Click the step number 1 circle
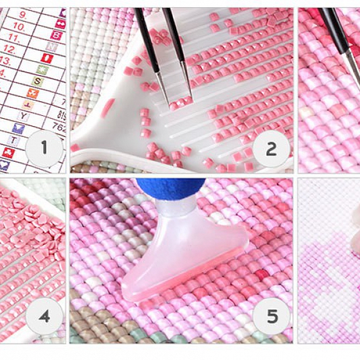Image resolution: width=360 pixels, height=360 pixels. [44, 148]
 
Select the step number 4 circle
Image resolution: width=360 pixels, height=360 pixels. [44, 316]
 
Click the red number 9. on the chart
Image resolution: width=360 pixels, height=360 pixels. [23, 13]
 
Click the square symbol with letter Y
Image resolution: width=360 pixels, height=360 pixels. [24, 116]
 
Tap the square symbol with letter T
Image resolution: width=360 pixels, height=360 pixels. [14, 140]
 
